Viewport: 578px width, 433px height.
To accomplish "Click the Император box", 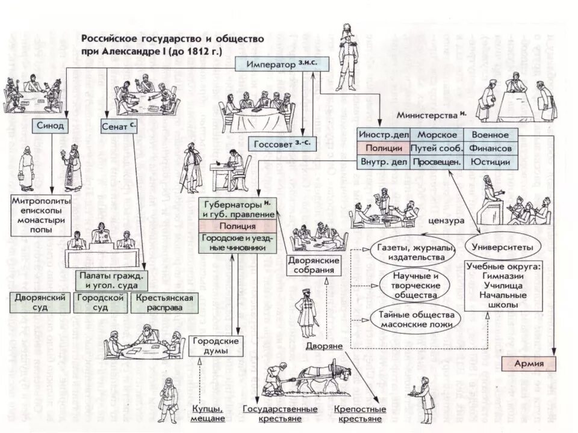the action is point(281,64).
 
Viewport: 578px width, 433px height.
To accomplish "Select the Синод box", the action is point(49,126).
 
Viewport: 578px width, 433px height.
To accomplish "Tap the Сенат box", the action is point(117,126).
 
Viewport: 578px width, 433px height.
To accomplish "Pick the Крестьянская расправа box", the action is point(164,302).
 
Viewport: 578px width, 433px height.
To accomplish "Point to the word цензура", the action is point(446,221).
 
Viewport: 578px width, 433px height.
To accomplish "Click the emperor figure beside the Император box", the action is point(347,57).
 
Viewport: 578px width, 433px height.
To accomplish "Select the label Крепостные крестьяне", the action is point(358,414).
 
